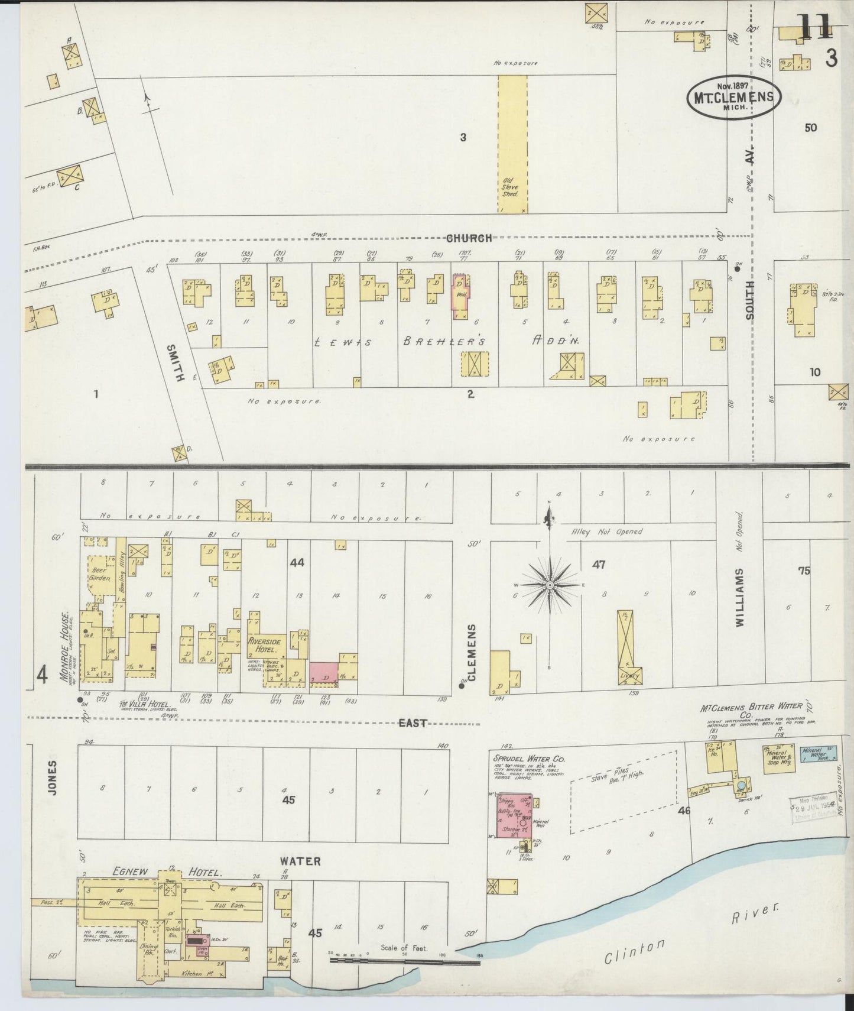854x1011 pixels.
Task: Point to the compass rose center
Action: [550, 585]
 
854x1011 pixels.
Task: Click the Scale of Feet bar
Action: [404, 962]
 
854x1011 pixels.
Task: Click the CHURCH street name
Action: [469, 238]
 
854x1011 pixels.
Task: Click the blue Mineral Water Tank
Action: [818, 754]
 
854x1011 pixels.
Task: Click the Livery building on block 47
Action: [626, 647]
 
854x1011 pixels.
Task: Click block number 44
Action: [297, 563]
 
